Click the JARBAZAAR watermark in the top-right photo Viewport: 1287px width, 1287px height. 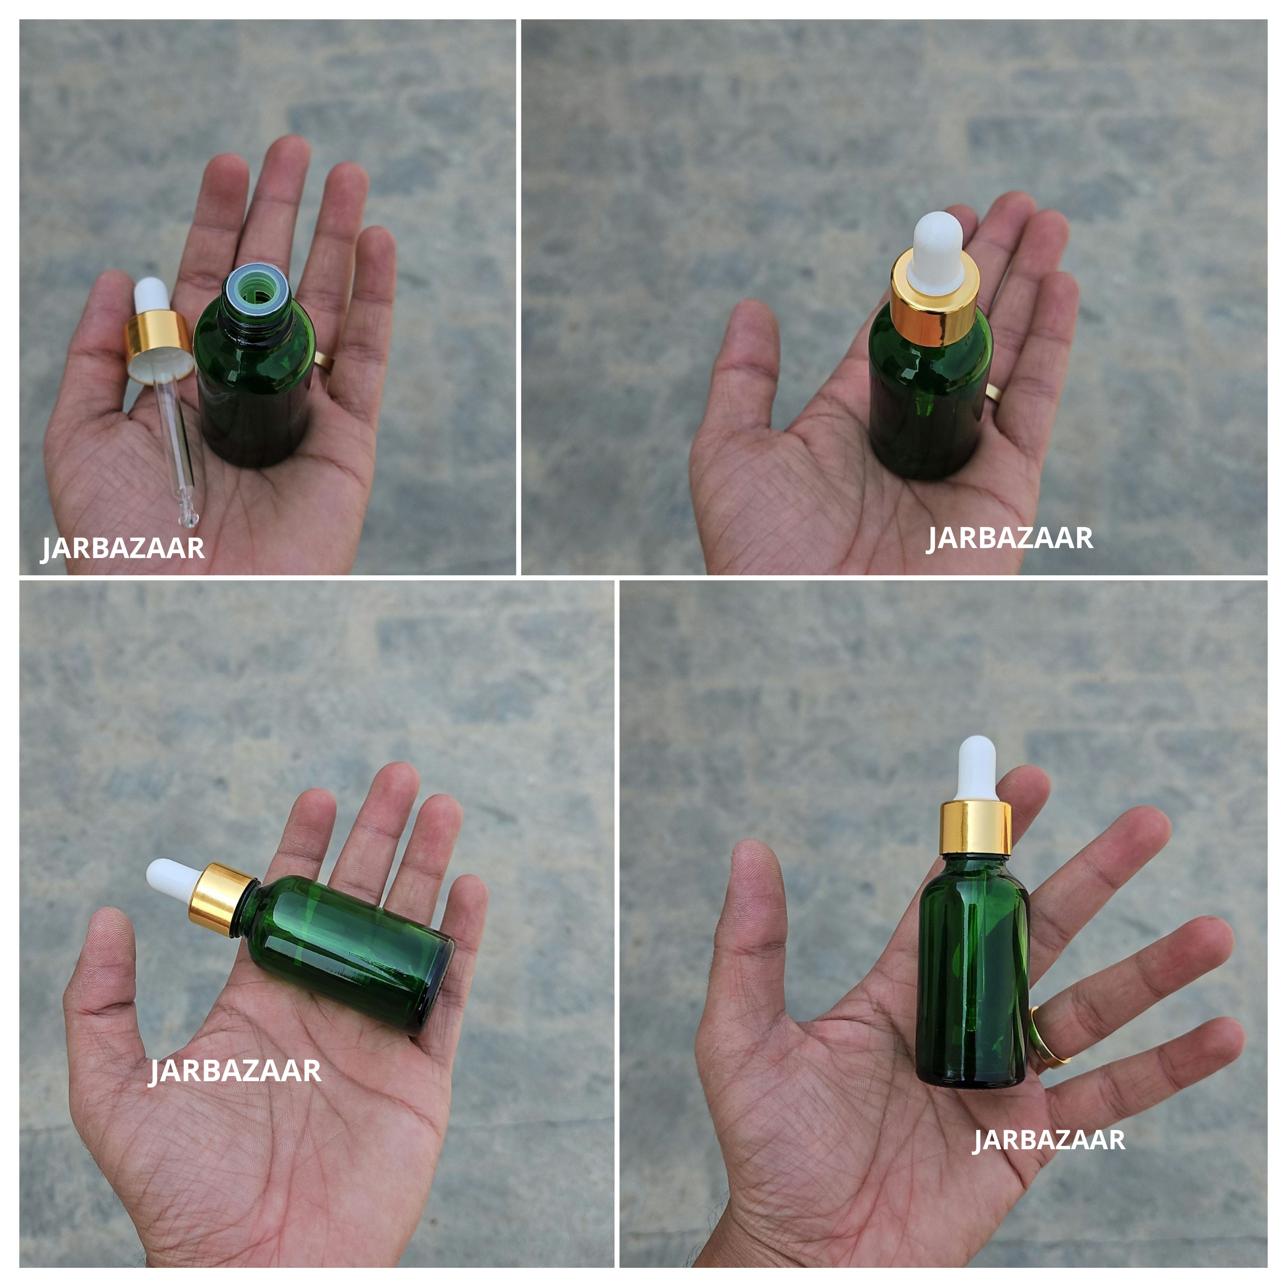(x=1009, y=538)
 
